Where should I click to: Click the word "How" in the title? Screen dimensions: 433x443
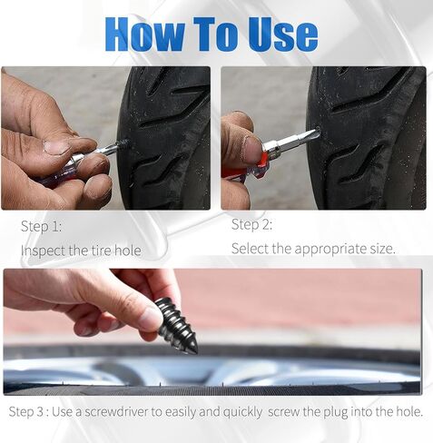(x=144, y=34)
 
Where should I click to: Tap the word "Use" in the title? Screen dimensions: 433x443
(x=283, y=34)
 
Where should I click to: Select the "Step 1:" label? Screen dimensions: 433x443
(x=41, y=226)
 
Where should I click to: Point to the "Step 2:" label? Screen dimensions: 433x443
(x=251, y=224)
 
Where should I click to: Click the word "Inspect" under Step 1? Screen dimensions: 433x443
(x=44, y=251)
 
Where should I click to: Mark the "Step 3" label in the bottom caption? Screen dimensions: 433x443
(x=26, y=412)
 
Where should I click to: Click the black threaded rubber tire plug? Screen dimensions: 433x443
(x=176, y=326)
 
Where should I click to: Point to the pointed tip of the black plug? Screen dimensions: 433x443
(x=195, y=352)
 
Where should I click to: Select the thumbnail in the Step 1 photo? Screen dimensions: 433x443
(x=57, y=147)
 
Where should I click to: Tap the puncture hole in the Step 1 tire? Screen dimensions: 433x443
(x=123, y=143)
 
